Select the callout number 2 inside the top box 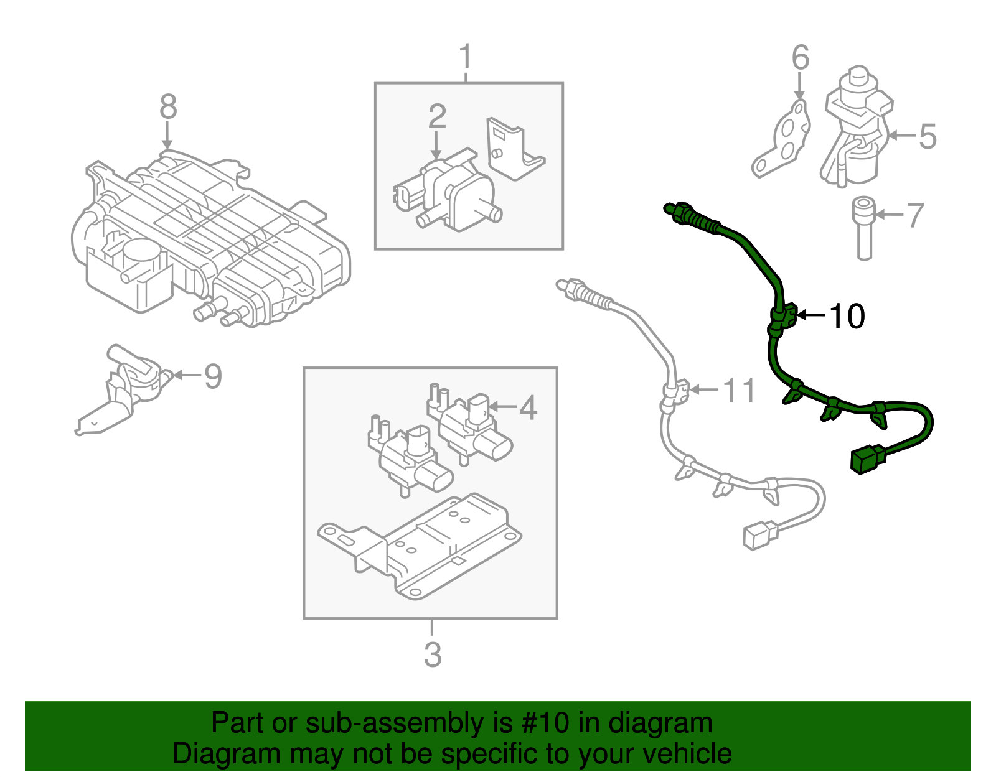(x=437, y=116)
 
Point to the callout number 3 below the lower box (x=432, y=654)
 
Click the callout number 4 (x=528, y=408)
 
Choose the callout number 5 (x=928, y=136)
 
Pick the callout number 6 (x=801, y=57)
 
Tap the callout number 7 (x=914, y=215)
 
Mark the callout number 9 (x=213, y=376)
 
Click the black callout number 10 (x=847, y=316)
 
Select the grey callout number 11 (x=739, y=391)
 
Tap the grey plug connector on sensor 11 (x=759, y=536)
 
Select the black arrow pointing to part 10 (x=810, y=315)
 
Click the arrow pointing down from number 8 (x=167, y=136)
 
